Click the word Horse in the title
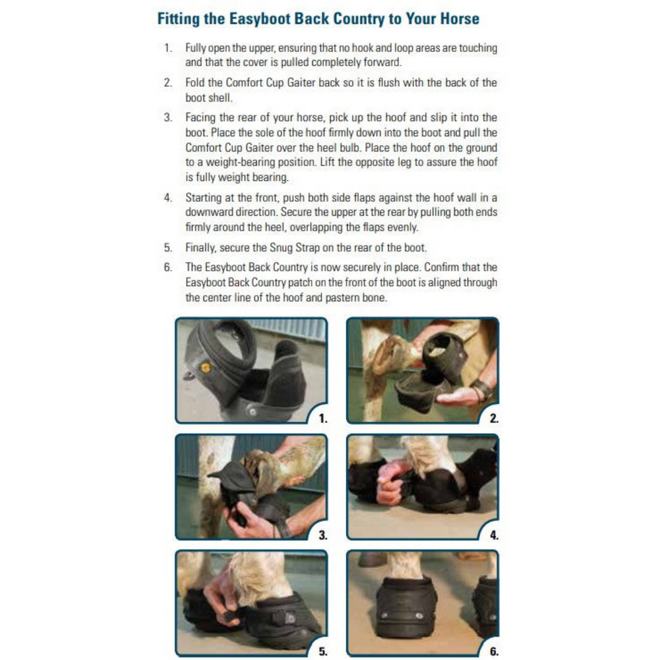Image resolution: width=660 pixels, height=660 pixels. [457, 18]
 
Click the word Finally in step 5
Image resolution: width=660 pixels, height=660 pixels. [202, 247]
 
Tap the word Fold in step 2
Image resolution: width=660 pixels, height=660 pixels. [195, 83]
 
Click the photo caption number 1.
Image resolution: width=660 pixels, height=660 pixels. [323, 419]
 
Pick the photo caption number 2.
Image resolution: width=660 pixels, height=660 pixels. [494, 419]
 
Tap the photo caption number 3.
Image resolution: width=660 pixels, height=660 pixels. [323, 535]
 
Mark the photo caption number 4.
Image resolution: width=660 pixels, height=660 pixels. [494, 535]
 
